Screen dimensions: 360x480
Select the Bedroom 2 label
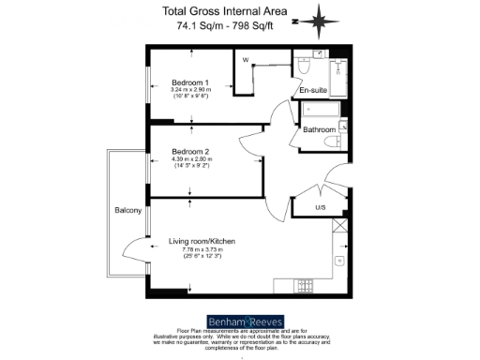click(190, 151)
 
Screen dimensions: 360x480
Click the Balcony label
click(127, 210)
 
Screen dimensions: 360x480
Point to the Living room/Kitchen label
click(202, 242)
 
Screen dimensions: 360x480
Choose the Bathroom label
click(319, 129)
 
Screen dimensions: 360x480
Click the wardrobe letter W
click(246, 61)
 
